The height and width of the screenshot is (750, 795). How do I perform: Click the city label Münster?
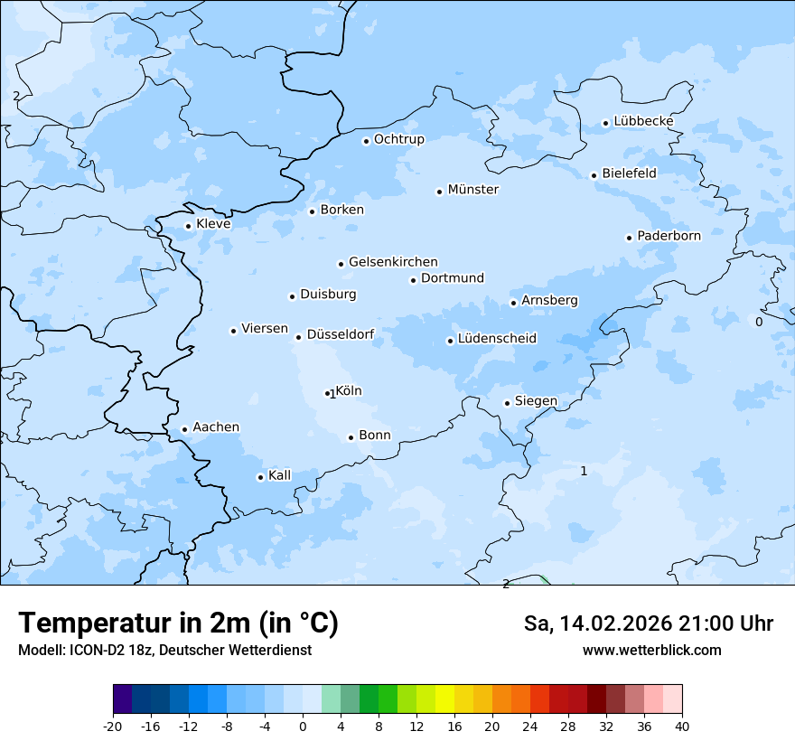coord(472,190)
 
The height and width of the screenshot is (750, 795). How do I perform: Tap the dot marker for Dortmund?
coord(413,280)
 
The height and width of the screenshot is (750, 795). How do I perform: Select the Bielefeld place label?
coord(629,173)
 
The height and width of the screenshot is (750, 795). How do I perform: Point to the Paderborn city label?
coord(669,236)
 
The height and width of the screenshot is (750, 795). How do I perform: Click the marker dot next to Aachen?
coord(184,430)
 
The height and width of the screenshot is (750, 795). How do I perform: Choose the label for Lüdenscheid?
coord(497,339)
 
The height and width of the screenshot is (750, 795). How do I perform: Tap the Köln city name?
coord(349,391)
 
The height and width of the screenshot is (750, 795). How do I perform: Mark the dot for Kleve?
coord(188,226)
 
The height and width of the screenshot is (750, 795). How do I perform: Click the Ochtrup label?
coord(398,139)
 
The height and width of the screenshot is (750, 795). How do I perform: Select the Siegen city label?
coord(536,401)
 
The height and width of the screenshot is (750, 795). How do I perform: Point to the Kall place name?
coord(279,475)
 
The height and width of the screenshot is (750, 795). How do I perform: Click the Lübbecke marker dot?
coord(605,123)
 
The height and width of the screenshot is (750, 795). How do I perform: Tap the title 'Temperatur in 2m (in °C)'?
coord(178,623)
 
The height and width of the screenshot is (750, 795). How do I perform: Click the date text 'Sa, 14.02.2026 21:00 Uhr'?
coord(648,623)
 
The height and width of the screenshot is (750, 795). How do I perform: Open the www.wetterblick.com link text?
coord(651,650)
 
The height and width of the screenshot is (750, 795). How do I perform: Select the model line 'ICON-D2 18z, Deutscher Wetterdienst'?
coord(164,651)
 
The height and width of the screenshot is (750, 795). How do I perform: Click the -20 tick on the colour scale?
coord(113,726)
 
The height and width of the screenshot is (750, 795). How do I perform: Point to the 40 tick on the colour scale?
coord(682,726)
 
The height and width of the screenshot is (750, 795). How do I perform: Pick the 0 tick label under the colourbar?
coord(303,726)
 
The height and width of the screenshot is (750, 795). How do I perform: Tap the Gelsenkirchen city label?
coord(392,262)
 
